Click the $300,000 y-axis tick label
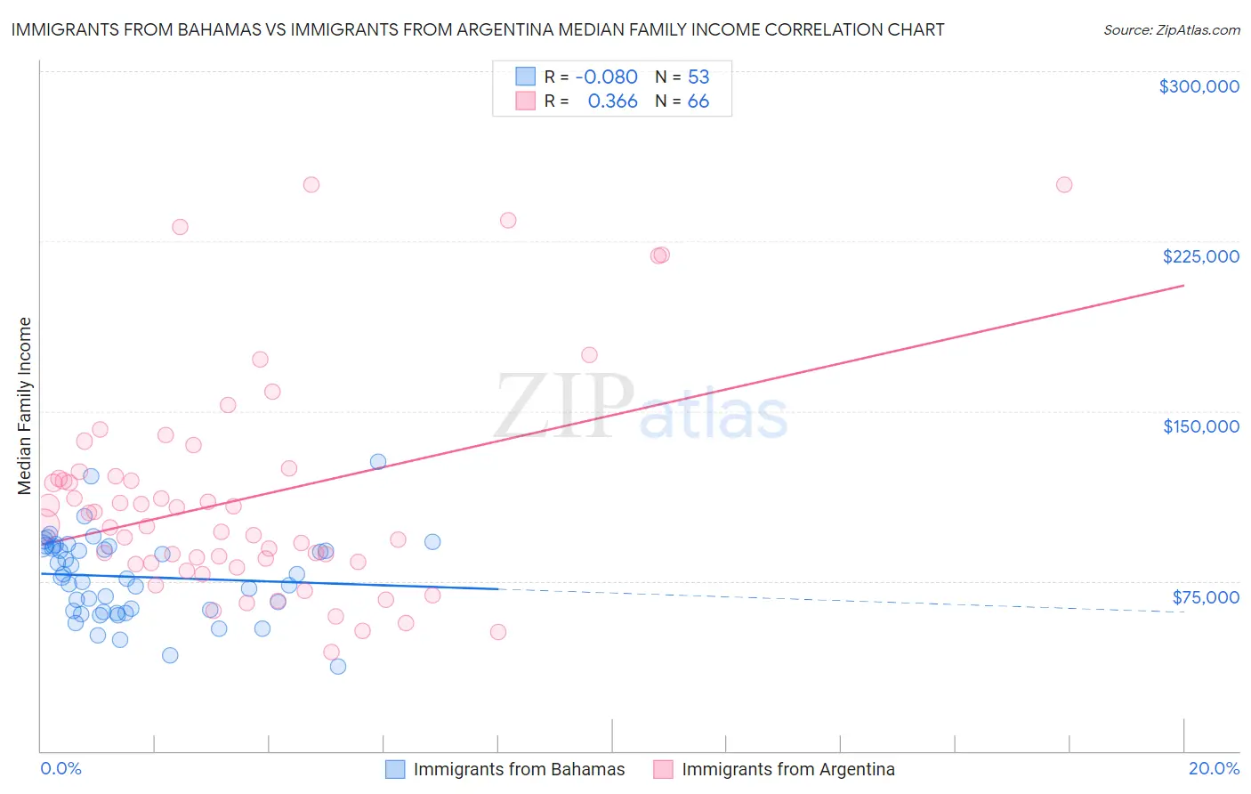point(1199,86)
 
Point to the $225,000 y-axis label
point(1200,256)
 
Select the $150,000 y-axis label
point(1200,426)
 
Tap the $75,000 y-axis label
point(1206,597)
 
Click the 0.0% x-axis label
point(61,768)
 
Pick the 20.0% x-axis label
point(1214,768)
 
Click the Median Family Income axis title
point(25,405)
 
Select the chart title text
point(478,29)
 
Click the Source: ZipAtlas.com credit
point(1171,29)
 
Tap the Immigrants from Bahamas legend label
point(519,769)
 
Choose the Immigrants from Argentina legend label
point(787,769)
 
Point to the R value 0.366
point(612,101)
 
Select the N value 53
point(698,77)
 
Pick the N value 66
point(698,101)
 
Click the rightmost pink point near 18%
point(1064,185)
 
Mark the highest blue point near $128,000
point(378,461)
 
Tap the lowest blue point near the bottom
point(338,666)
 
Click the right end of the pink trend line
point(1183,285)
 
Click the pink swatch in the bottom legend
point(663,769)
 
